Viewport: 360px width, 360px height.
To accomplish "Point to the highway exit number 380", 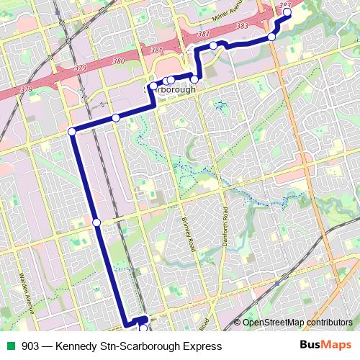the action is (x=118, y=61).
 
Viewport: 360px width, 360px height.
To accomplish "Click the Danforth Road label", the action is (x=225, y=227).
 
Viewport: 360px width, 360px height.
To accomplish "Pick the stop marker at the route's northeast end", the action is (x=287, y=12).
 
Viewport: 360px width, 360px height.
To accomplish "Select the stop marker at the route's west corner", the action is (x=72, y=131).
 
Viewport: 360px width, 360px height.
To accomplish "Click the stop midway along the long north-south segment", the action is (x=96, y=222).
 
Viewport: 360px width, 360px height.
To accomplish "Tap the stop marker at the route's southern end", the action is (x=143, y=328).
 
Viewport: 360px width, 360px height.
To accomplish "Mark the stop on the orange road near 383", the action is (x=271, y=37).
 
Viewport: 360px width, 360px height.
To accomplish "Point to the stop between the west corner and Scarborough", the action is (x=115, y=117).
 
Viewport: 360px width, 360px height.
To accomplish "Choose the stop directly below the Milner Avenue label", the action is (x=213, y=46).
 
